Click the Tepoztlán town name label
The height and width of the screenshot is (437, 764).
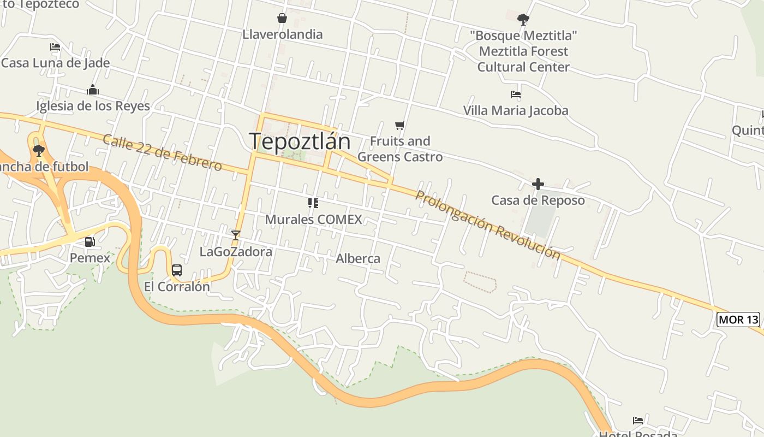300,141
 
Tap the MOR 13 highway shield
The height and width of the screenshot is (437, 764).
738,320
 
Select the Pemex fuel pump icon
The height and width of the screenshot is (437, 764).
89,241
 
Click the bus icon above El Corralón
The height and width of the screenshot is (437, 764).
177,270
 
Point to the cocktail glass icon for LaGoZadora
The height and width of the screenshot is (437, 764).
236,235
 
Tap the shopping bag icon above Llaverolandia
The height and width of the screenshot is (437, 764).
282,18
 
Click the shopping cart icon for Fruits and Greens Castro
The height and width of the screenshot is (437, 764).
400,126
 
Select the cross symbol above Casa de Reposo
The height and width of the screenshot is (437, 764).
538,184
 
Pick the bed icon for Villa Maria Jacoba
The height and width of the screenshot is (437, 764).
516,95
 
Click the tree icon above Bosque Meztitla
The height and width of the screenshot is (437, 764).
523,20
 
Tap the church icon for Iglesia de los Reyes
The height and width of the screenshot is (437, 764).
93,90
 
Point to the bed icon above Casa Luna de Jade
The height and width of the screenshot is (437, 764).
55,47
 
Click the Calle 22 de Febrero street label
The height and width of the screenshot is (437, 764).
162,152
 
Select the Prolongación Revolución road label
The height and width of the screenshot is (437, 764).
487,225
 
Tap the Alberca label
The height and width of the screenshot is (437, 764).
358,258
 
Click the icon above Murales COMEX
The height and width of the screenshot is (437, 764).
313,203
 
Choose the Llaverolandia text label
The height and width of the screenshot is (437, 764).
283,34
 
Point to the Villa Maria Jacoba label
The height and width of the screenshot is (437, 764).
516,110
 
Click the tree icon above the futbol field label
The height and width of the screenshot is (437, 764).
38,150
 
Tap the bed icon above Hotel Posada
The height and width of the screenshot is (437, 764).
638,420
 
